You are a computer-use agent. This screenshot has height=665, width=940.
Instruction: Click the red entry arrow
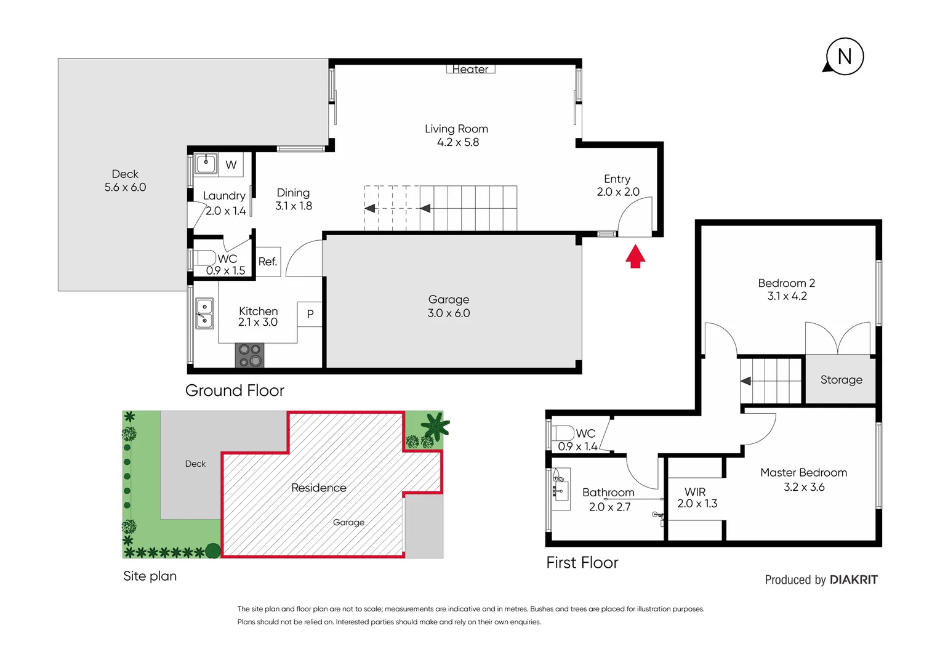pyautogui.click(x=635, y=257)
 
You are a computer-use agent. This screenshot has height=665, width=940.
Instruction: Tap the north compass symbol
pyautogui.click(x=844, y=57)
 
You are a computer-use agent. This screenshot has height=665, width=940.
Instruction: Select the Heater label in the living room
pyautogui.click(x=470, y=70)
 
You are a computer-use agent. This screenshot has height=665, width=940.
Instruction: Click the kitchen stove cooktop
pyautogui.click(x=250, y=356)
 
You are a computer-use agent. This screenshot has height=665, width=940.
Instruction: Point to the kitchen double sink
pyautogui.click(x=204, y=313)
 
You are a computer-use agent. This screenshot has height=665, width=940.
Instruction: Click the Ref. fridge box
pyautogui.click(x=268, y=262)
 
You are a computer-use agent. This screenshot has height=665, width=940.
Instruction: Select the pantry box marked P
pyautogui.click(x=310, y=314)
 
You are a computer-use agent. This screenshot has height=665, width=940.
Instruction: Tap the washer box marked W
pyautogui.click(x=231, y=164)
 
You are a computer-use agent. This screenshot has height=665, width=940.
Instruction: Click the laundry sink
pyautogui.click(x=206, y=164)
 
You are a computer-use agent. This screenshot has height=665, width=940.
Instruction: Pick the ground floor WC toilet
pyautogui.click(x=204, y=257)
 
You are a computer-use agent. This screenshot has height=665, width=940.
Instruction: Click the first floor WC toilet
pyautogui.click(x=563, y=433)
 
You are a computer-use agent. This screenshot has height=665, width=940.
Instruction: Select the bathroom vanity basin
pyautogui.click(x=560, y=485)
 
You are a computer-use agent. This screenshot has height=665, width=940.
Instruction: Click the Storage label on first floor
pyautogui.click(x=841, y=380)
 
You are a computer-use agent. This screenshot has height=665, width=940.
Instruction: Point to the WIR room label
pyautogui.click(x=695, y=492)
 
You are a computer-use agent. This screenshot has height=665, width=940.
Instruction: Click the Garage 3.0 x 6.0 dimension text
pyautogui.click(x=449, y=313)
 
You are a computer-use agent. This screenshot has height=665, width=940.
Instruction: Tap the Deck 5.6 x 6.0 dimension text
pyautogui.click(x=125, y=187)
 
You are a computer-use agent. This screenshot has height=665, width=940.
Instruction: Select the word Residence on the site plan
pyautogui.click(x=318, y=488)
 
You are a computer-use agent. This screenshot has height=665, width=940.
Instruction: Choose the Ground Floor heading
pyautogui.click(x=235, y=390)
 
